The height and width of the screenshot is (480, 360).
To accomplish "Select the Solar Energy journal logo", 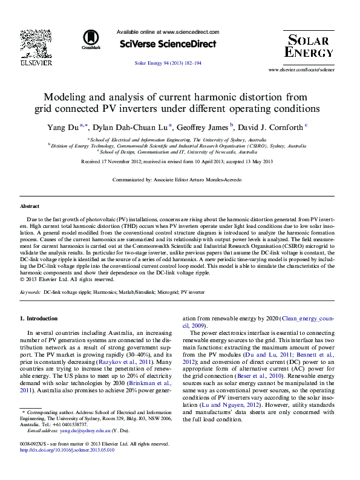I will (308, 46).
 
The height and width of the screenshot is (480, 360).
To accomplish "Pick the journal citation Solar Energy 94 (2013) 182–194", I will (168, 63).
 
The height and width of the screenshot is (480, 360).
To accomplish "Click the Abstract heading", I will (30, 207).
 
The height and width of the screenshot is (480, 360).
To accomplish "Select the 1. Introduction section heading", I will (39, 318).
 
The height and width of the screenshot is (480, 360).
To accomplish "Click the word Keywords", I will (30, 292).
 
